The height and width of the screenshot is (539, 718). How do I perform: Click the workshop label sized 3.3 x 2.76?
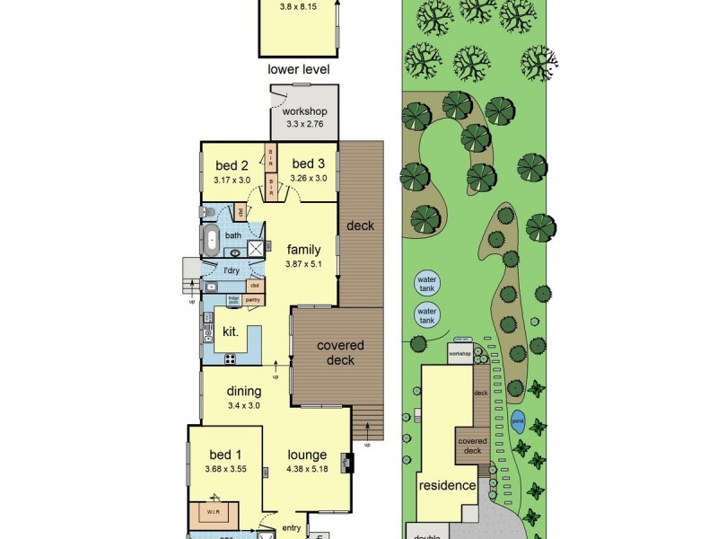pos(305,111)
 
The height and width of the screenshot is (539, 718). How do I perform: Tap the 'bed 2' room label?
pos(232,165)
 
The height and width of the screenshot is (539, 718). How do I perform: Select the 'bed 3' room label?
pos(308,163)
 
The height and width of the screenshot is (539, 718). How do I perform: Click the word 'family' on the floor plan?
pos(304,249)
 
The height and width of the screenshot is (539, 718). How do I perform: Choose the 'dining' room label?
pos(243,391)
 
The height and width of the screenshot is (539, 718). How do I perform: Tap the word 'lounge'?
pos(307,455)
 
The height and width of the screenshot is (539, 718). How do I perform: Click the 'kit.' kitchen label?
pos(231,331)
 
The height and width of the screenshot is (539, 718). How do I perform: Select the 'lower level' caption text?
pos(299,69)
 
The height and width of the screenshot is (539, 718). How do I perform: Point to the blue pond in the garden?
pos(518,420)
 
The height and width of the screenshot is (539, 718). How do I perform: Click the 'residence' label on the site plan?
pos(446,486)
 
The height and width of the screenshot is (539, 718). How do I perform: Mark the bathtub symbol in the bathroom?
pos(213,240)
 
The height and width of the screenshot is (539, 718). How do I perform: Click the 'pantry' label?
pos(252,300)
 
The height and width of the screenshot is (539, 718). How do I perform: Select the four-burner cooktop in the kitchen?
pos(230,358)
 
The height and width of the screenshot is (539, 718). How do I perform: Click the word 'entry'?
pos(292,528)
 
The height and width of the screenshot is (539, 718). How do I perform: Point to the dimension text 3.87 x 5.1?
pos(304,265)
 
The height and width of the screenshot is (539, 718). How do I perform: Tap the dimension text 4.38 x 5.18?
pos(307,469)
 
